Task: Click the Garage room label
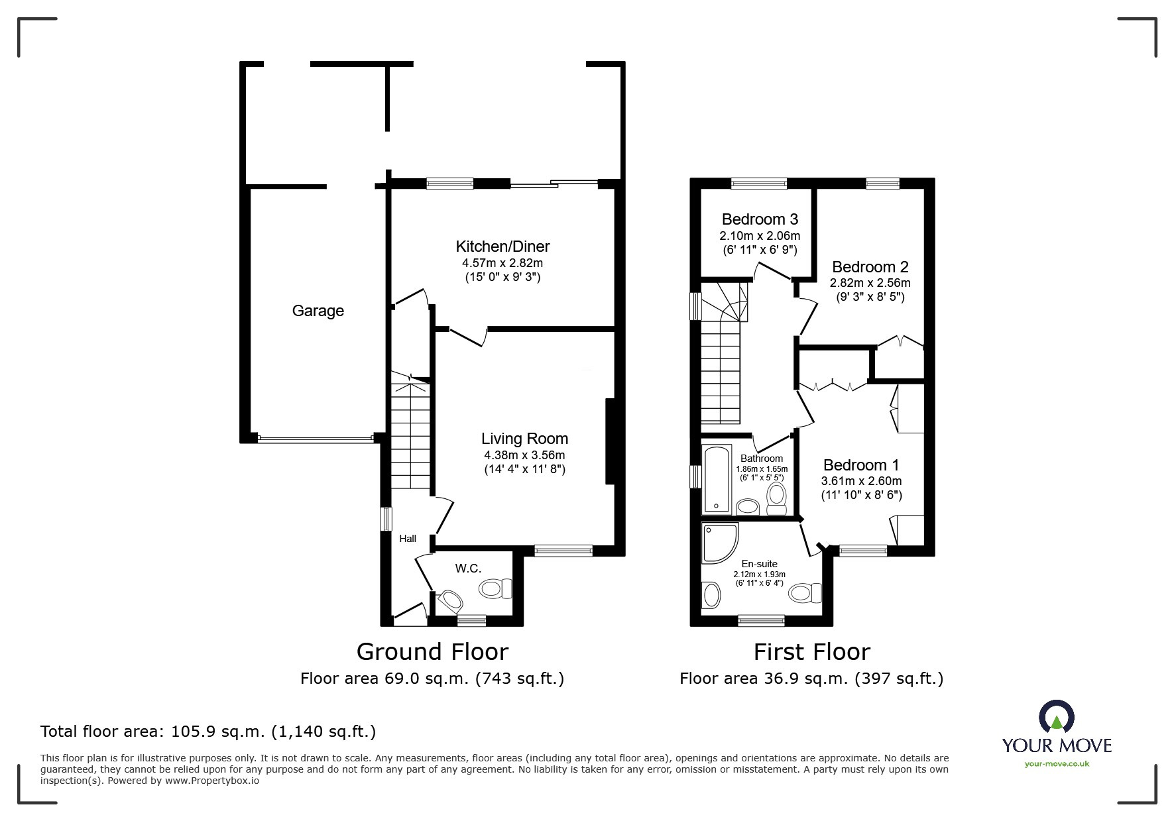318,311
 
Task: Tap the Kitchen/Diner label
502,246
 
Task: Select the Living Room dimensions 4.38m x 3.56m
524,455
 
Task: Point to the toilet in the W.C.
497,588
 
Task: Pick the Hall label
408,539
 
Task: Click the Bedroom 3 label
760,219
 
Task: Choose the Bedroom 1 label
861,465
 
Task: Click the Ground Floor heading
432,652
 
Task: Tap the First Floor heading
811,652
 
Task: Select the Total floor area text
208,732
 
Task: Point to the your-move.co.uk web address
1057,764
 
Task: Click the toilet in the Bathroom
776,498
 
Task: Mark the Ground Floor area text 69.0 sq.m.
432,679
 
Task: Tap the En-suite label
759,564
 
